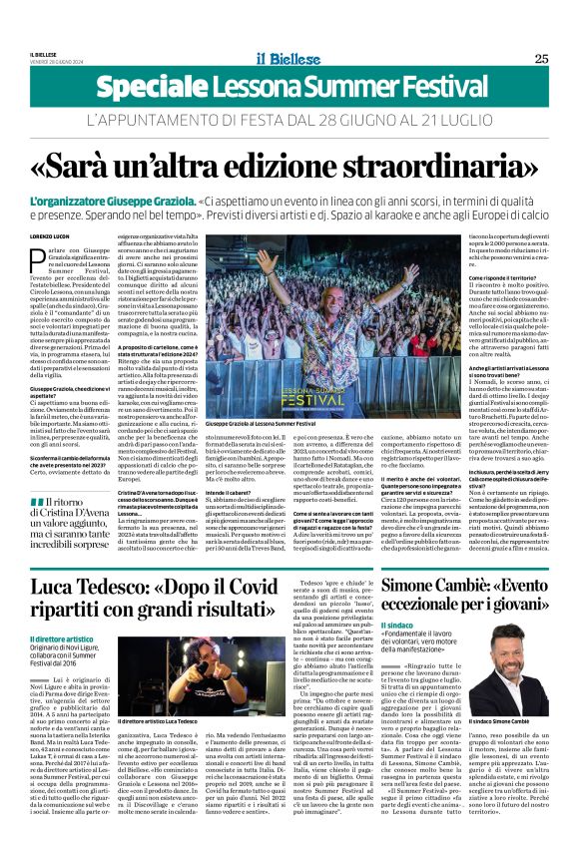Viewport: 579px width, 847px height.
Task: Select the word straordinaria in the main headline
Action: (x=446, y=165)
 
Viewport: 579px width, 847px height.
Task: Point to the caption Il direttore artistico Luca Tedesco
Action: (x=159, y=748)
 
